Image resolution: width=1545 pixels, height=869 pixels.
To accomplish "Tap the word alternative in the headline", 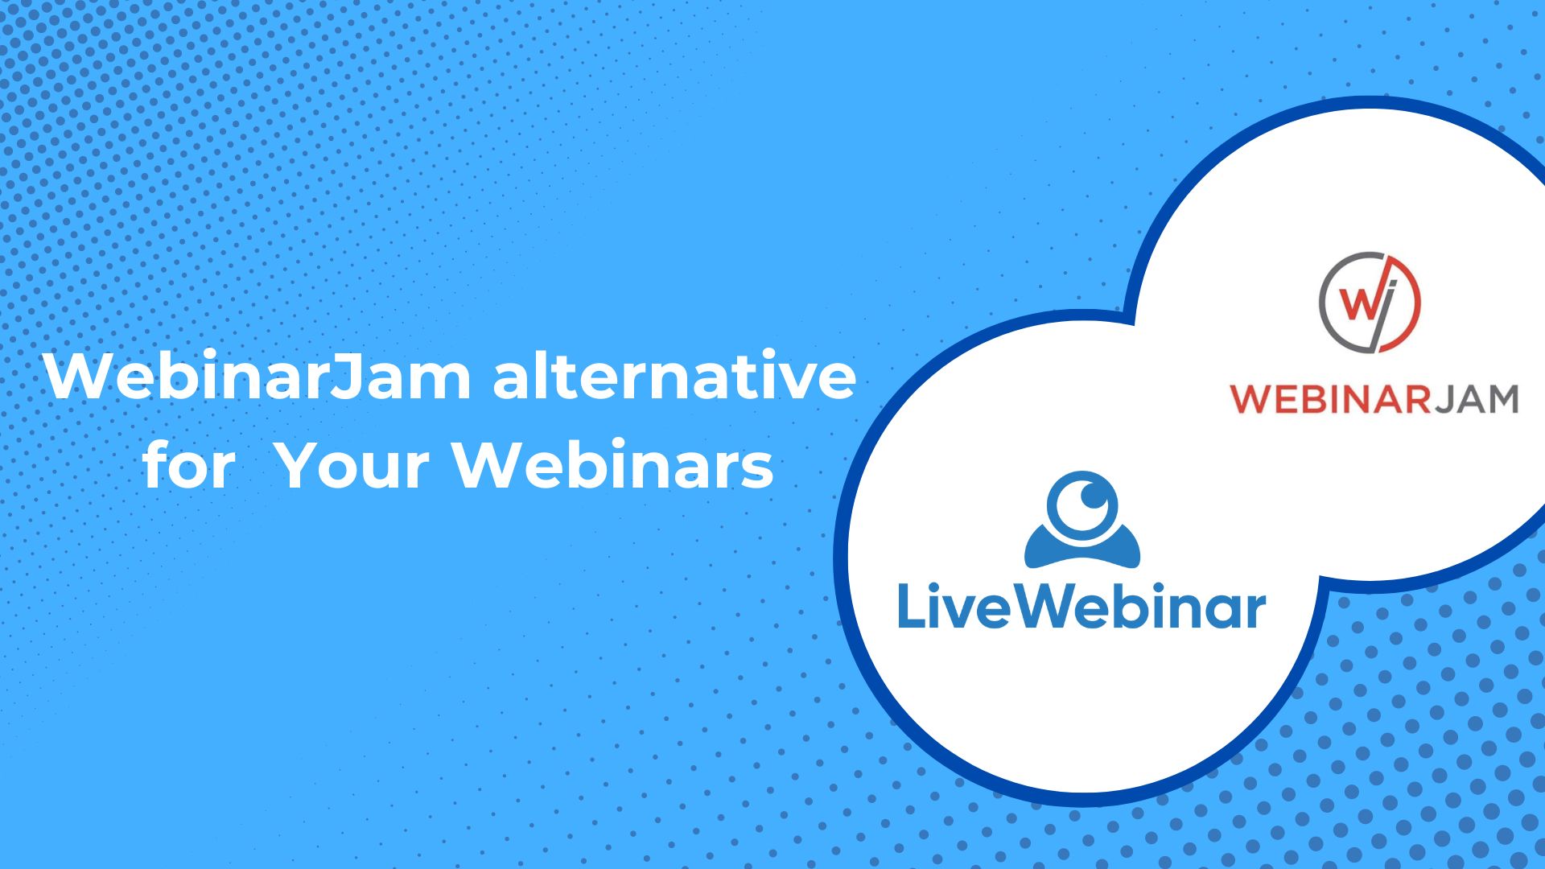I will (x=674, y=376).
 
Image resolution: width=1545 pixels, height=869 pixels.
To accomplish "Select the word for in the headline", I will (x=190, y=465).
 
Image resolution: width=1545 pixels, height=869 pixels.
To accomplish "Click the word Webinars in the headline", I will (x=613, y=465).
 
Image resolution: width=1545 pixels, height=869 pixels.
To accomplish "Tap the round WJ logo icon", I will (x=1370, y=303).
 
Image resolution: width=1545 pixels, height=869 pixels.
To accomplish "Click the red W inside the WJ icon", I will (x=1360, y=303).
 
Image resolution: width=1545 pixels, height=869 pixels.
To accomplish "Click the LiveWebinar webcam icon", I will (x=1082, y=519).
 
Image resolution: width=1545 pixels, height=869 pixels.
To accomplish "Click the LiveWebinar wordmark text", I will (x=1081, y=607).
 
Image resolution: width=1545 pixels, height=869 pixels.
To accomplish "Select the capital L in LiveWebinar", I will (x=908, y=607).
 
